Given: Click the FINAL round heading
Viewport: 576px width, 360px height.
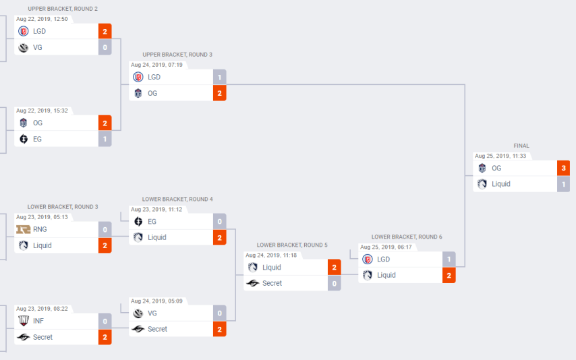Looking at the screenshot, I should tap(521, 146).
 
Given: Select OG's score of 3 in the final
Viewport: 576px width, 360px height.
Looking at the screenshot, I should tap(563, 169).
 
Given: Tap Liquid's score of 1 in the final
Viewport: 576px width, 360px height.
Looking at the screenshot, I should tap(563, 184).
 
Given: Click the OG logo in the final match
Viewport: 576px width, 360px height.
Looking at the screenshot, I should tap(482, 169).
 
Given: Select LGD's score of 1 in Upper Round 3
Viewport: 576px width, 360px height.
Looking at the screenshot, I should tap(219, 77).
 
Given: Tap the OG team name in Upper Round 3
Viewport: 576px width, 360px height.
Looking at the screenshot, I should tap(152, 93).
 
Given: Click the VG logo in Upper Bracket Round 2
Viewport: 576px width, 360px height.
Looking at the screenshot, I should tap(24, 47).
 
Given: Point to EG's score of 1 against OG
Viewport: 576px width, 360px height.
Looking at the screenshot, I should tap(105, 139).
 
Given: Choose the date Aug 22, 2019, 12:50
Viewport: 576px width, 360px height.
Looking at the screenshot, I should tap(42, 19).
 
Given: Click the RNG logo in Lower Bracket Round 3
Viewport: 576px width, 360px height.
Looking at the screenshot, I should tap(24, 229).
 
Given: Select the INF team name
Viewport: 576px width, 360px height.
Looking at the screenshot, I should tap(38, 321).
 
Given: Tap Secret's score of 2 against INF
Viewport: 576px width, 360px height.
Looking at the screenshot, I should tap(105, 337).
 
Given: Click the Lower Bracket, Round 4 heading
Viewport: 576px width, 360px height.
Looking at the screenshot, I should tap(177, 200).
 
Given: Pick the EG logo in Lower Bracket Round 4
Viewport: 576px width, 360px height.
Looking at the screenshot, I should tap(138, 221).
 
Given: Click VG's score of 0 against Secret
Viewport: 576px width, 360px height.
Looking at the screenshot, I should tap(219, 313).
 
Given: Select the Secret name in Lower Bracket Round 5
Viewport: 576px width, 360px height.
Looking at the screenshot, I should tap(272, 283).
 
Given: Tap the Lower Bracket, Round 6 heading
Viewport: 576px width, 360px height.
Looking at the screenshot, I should tap(407, 237).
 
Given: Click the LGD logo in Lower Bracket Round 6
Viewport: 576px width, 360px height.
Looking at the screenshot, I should tap(368, 259).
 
